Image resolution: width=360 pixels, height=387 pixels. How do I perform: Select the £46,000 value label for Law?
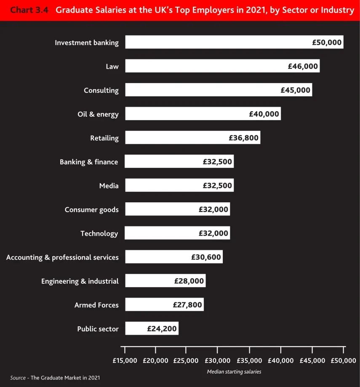[x=303, y=66]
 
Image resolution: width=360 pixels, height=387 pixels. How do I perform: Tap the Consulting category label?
[x=101, y=90]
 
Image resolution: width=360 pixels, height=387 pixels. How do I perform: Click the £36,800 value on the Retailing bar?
[x=243, y=138]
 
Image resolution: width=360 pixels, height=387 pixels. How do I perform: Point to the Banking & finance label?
[x=89, y=162]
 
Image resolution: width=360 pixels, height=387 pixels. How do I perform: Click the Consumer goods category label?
[x=91, y=210]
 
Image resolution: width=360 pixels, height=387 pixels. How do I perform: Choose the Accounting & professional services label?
[x=62, y=257]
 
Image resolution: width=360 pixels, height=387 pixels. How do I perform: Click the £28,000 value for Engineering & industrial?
[x=189, y=281]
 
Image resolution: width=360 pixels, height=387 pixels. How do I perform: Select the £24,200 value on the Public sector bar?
[x=162, y=329]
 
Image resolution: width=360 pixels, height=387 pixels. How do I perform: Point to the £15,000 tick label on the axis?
[x=125, y=361]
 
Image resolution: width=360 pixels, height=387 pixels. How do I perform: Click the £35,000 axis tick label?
[x=250, y=361]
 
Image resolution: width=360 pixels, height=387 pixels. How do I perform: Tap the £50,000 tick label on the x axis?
[x=343, y=361]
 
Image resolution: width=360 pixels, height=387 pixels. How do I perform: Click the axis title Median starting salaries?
[x=234, y=372]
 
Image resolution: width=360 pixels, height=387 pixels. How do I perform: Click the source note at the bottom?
[x=55, y=378]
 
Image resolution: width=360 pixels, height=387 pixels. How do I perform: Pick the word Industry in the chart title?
[x=337, y=10]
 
